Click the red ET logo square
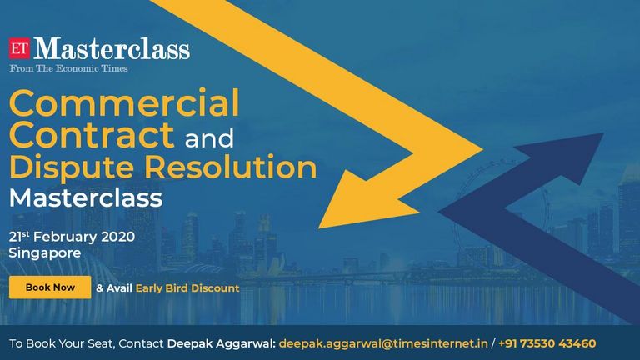tap(20, 48)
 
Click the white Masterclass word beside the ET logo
tap(112, 48)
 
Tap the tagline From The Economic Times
tap(68, 68)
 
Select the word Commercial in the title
tap(124, 103)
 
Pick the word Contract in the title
tap(92, 135)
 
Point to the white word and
tap(209, 138)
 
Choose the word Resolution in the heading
tap(231, 167)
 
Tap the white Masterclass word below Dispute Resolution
tap(86, 198)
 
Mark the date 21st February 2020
tap(72, 237)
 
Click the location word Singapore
tap(45, 253)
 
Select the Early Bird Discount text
tap(187, 288)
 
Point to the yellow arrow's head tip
tap(319, 227)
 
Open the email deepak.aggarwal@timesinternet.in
tap(383, 343)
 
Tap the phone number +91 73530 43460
tap(547, 343)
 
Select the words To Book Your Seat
tap(60, 343)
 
